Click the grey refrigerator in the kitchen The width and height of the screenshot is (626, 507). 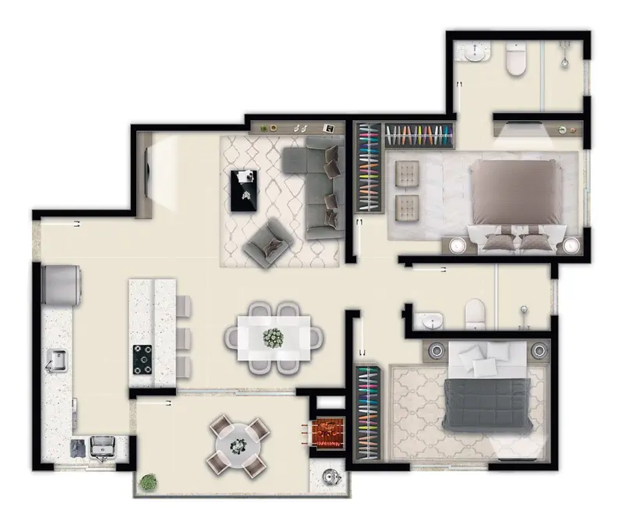pyautogui.click(x=63, y=285)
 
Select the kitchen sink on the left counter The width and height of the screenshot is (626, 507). pyautogui.click(x=56, y=360)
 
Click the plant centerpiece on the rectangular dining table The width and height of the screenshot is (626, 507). pyautogui.click(x=274, y=338)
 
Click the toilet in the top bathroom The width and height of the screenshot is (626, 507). pyautogui.click(x=516, y=60)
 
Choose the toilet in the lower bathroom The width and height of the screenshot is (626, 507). pyautogui.click(x=476, y=314)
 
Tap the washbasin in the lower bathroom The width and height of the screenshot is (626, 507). pyautogui.click(x=428, y=321)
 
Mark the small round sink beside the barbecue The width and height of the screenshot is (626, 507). pyautogui.click(x=330, y=476)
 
